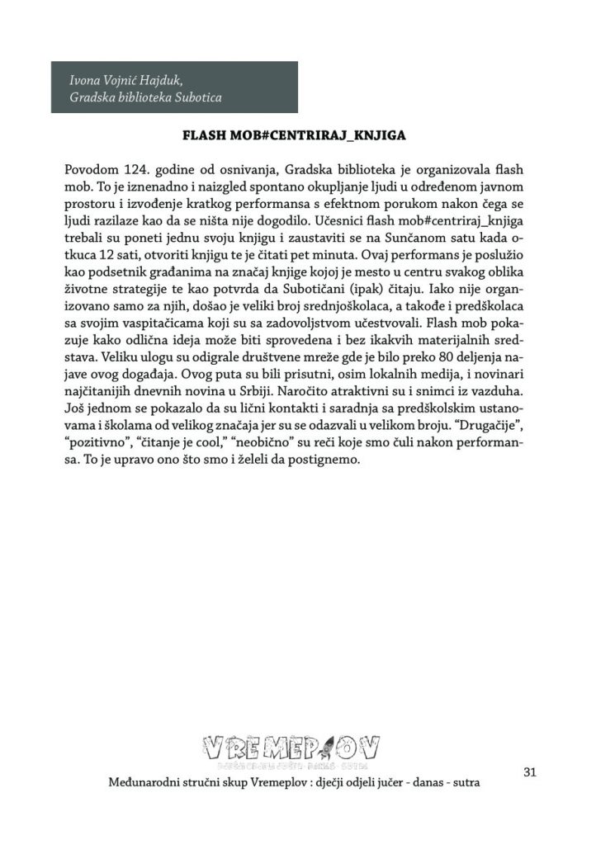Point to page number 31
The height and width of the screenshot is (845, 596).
coord(530,772)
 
